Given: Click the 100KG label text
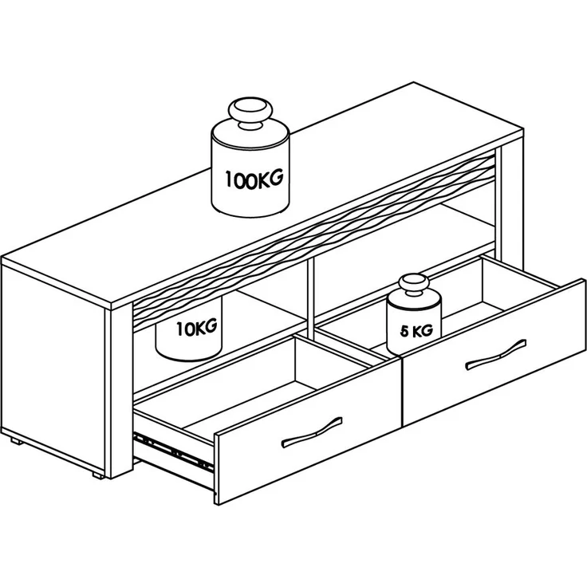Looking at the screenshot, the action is point(254,179).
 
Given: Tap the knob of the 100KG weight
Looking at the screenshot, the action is point(250,112).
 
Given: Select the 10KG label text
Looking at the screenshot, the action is point(197,328).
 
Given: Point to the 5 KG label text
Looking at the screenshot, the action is point(416,330).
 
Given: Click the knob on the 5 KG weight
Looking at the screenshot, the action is point(413,286).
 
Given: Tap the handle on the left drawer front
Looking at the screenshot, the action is point(312,431).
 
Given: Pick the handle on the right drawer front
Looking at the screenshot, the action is point(495,355).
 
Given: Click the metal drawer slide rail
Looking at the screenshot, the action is point(173,452).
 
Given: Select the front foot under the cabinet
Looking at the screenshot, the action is point(98,475).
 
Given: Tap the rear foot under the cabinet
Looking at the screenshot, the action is point(16,441).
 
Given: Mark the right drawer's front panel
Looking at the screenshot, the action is point(494,353).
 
